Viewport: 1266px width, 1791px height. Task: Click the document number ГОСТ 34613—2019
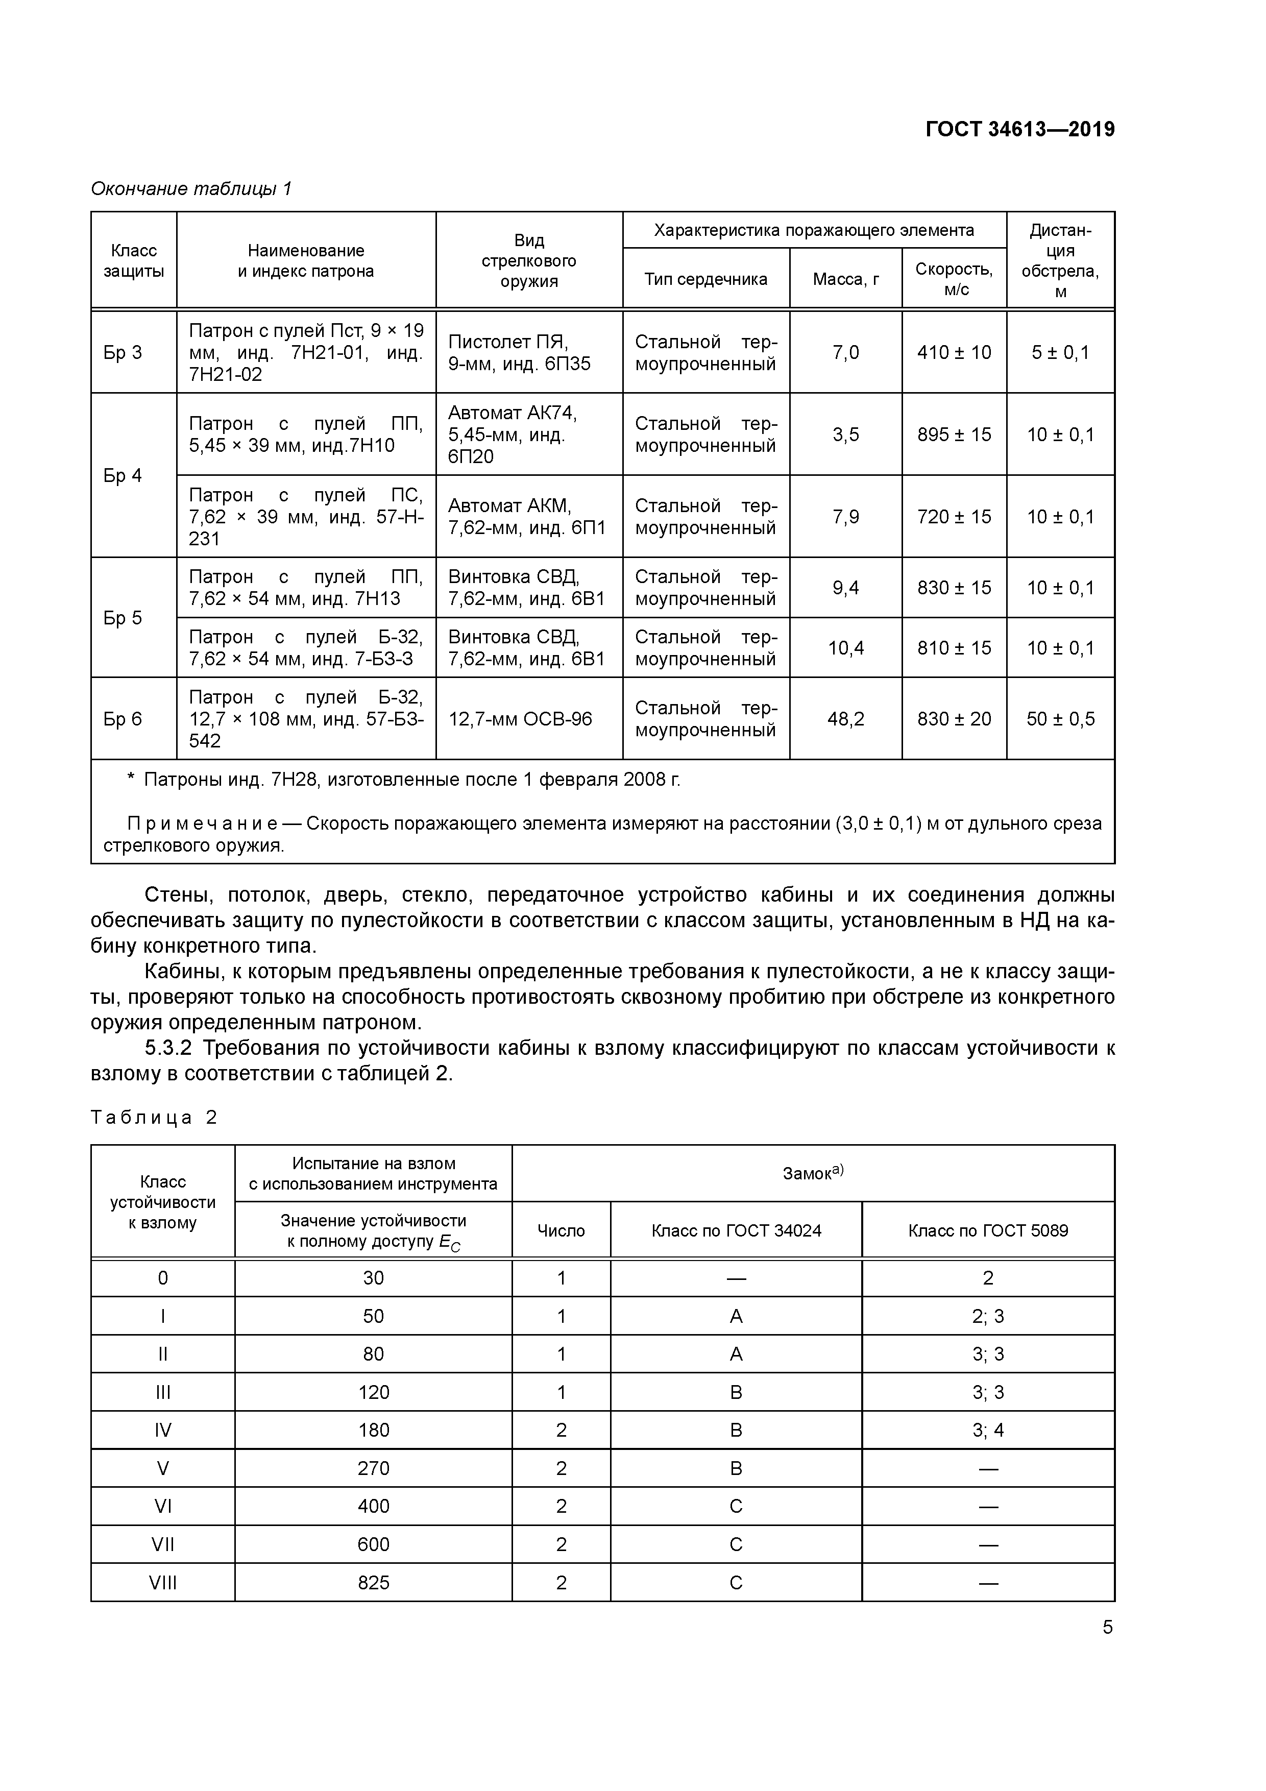coord(1019,130)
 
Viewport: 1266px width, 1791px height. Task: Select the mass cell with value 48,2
coord(845,718)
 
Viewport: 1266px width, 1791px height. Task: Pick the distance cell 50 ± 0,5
coord(1060,718)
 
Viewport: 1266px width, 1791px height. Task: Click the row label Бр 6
coord(123,718)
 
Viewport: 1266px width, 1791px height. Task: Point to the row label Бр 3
coord(123,353)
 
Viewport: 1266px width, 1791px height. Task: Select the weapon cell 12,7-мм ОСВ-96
coord(520,718)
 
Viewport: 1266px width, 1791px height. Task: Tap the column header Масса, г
coord(845,279)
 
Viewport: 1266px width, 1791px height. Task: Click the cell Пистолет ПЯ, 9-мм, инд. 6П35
coord(520,353)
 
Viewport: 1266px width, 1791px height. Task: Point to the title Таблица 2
coord(154,1117)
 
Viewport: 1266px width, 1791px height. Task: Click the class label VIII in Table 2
coord(162,1583)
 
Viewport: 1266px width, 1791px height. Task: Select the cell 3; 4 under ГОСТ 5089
coord(987,1430)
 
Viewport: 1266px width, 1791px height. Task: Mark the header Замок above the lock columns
coord(813,1172)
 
